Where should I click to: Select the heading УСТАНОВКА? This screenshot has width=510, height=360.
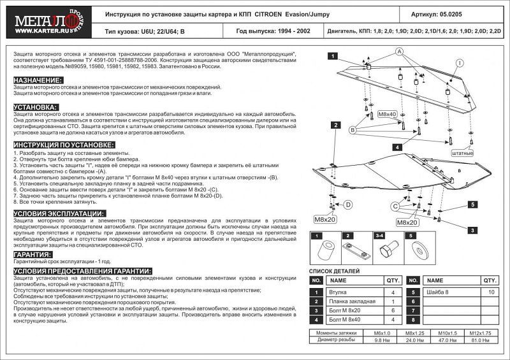tap(36, 107)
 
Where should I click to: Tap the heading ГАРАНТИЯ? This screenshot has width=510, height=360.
tap(33, 254)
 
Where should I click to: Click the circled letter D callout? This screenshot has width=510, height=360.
tap(348, 205)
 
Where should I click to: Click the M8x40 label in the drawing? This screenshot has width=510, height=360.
tap(387, 113)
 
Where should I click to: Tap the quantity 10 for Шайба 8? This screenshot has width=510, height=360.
tap(490, 292)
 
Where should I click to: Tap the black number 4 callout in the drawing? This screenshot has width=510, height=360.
tap(397, 147)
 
